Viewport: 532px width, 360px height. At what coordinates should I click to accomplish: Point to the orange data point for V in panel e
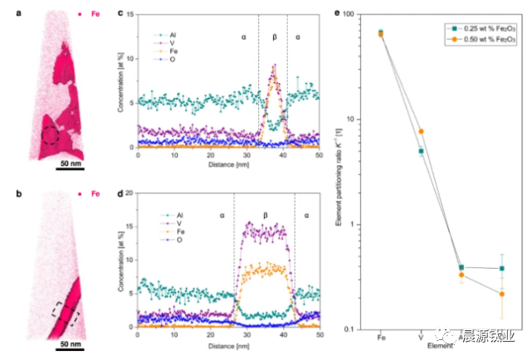421,132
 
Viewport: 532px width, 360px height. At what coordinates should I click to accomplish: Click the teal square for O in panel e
501,269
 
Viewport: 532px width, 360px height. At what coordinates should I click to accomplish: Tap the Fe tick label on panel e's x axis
380,338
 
